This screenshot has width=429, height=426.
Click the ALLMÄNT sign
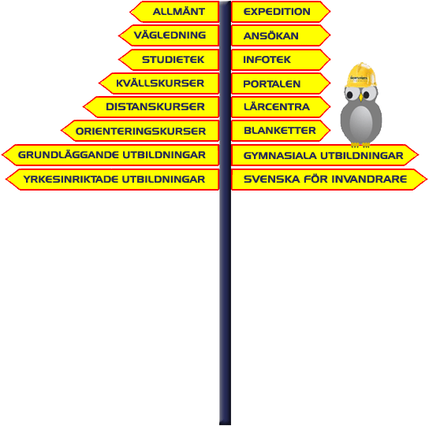[174, 12]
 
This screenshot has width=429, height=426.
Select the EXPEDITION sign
[281, 12]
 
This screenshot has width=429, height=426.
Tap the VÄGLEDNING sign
[169, 35]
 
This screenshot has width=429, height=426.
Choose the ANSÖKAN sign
[281, 35]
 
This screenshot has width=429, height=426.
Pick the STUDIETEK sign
[169, 60]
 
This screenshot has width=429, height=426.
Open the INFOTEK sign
[281, 60]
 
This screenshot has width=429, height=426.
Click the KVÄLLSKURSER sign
[159, 83]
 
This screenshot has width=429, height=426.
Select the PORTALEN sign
[281, 83]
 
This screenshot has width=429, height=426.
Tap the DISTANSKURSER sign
[151, 107]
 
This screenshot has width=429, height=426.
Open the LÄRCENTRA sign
[281, 107]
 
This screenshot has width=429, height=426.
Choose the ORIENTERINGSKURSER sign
[140, 131]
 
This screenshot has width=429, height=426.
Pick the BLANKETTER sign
[281, 131]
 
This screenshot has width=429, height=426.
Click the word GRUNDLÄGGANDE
[69, 155]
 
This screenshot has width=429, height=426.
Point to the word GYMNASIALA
[280, 156]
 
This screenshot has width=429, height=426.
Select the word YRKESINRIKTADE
[71, 180]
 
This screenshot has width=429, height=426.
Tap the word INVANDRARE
[369, 180]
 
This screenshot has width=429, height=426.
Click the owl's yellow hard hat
[361, 75]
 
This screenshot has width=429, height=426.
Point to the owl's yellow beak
[361, 98]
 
